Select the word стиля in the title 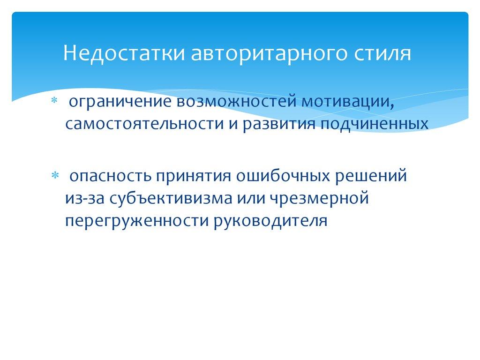(x=381, y=53)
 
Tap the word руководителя (x=270, y=220)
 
